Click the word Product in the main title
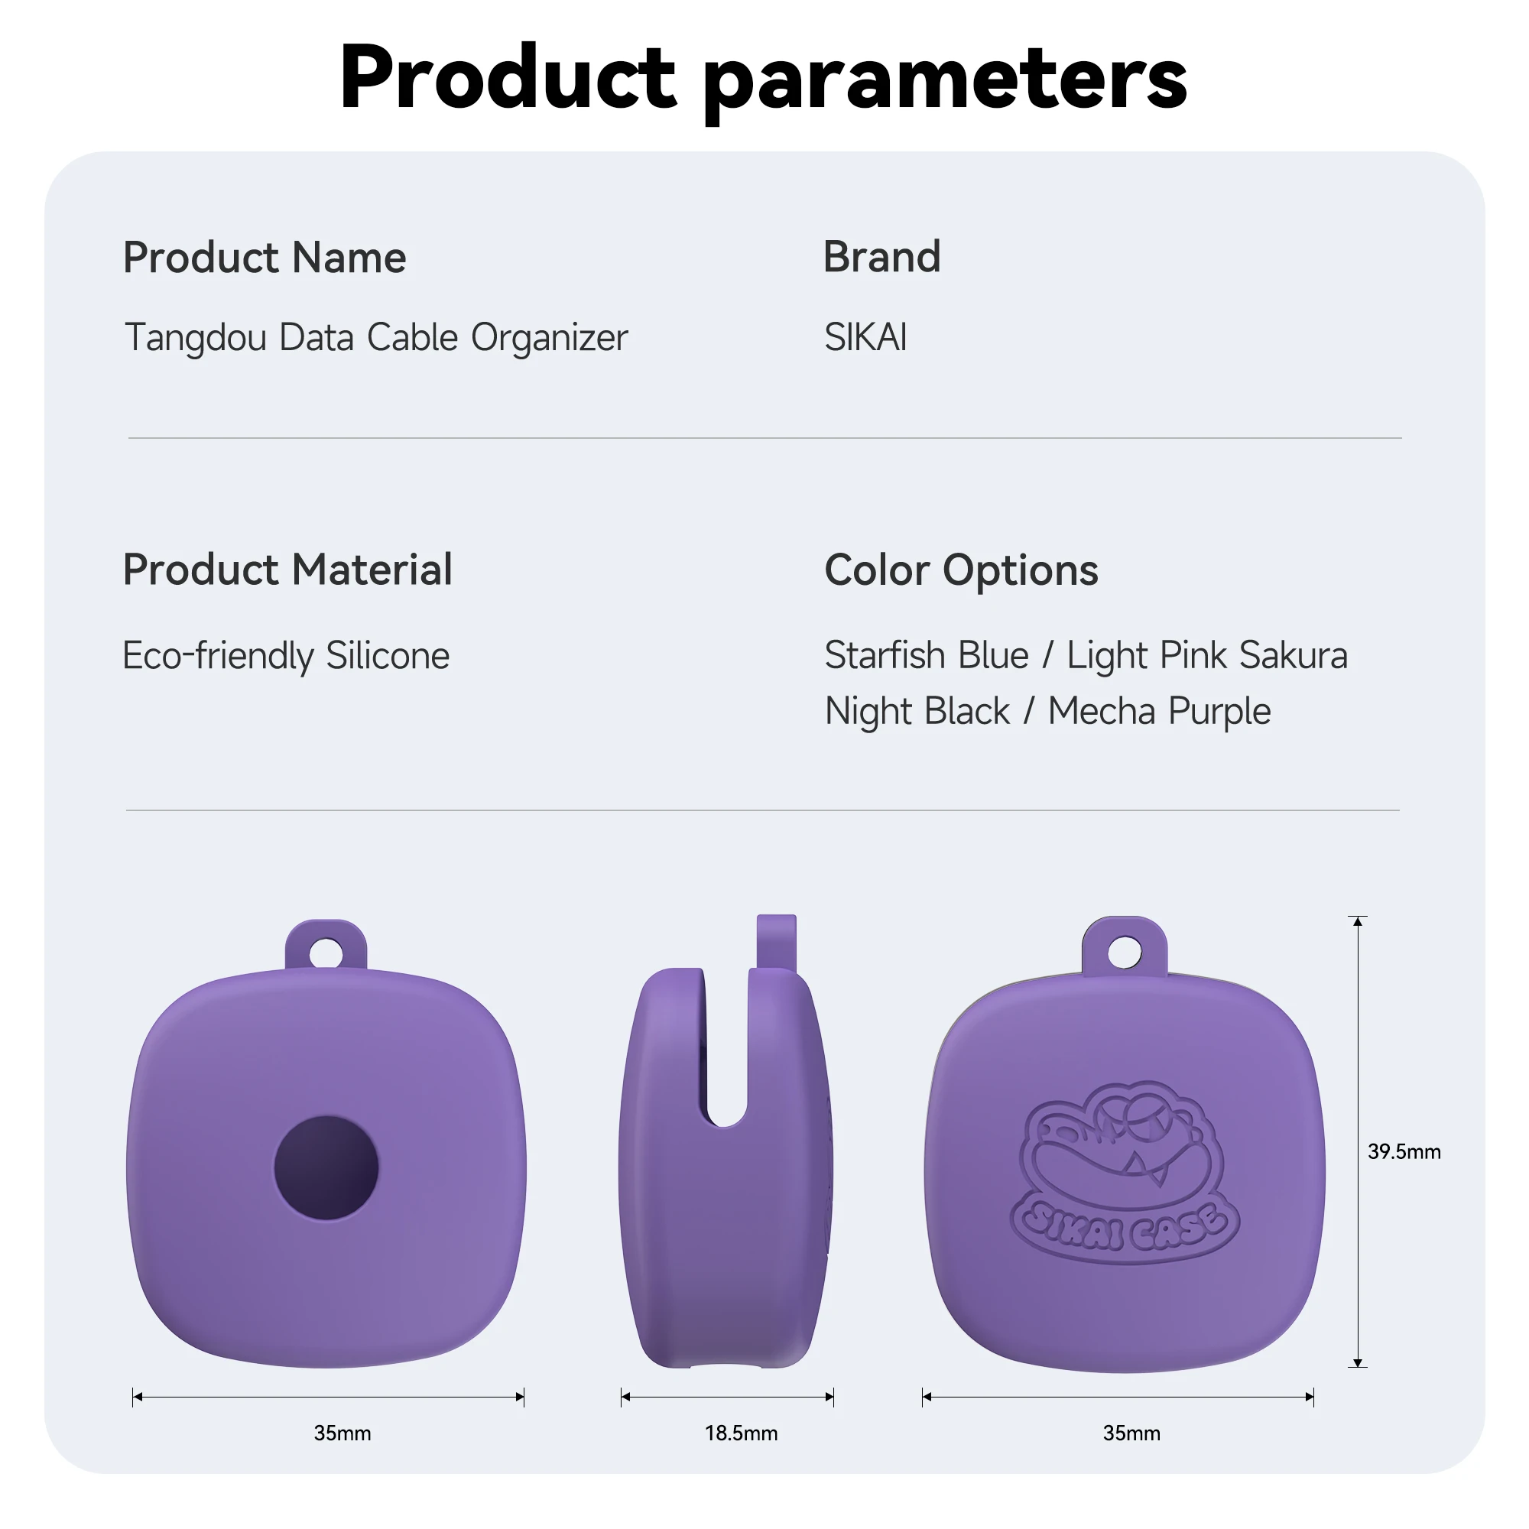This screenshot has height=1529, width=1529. point(508,77)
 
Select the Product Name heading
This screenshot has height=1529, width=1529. point(265,257)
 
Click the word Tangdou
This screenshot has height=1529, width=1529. point(196,338)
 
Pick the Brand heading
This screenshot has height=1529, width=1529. point(881,256)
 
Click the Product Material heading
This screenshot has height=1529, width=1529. point(287,570)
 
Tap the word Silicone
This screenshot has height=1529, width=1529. point(388,655)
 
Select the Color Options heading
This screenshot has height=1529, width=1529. point(961,570)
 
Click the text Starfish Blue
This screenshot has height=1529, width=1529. point(926,655)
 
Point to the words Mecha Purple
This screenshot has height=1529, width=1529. point(1159,712)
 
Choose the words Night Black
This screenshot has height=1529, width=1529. point(917,711)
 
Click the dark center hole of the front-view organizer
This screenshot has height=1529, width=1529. point(326,1167)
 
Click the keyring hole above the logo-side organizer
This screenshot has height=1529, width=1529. point(1125,951)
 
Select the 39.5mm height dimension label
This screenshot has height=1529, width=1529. point(1404,1151)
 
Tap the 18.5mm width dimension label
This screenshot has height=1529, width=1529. point(741,1433)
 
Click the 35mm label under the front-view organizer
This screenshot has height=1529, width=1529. point(342,1433)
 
